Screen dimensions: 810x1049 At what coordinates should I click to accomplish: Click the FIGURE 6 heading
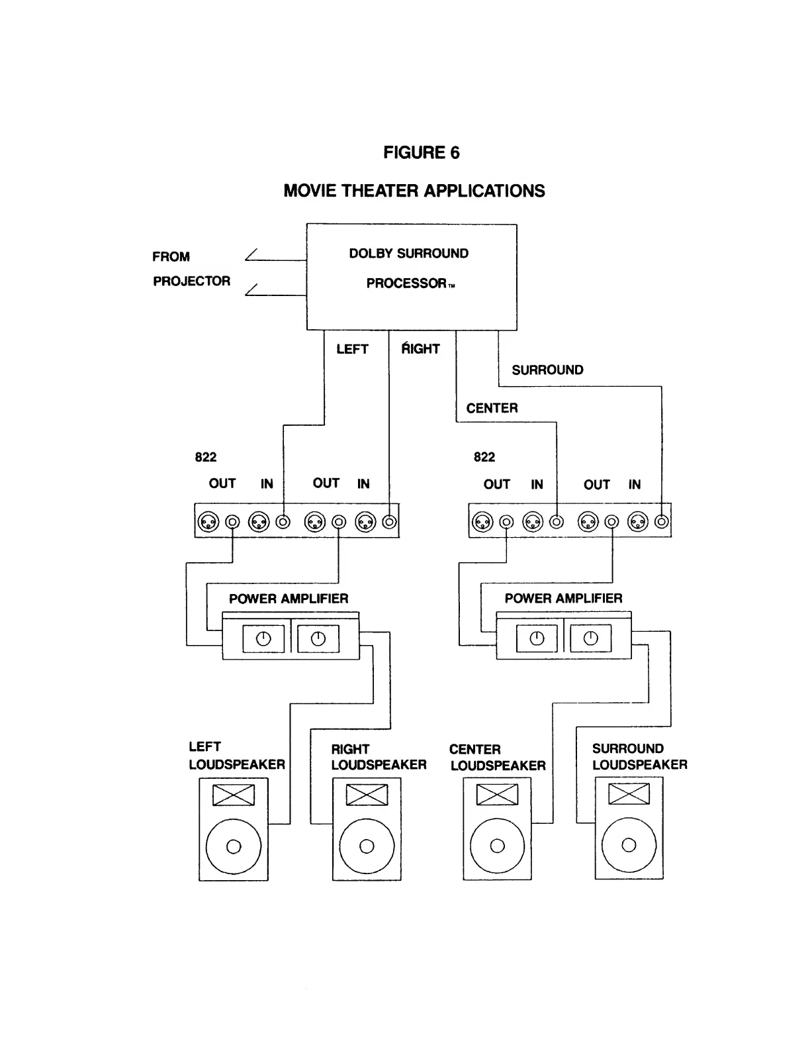point(421,152)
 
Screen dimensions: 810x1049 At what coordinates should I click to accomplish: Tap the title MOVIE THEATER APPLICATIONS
point(414,191)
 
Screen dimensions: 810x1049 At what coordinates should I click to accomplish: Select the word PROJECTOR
point(191,281)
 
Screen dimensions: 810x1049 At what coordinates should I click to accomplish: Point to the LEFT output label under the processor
point(352,349)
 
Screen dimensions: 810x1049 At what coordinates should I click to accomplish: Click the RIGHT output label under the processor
point(420,348)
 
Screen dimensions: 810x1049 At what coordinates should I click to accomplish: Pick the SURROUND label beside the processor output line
point(547,370)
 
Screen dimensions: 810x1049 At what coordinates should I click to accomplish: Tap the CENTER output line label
point(492,408)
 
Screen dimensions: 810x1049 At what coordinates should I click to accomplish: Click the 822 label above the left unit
point(206,457)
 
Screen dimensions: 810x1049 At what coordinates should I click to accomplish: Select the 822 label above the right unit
point(484,457)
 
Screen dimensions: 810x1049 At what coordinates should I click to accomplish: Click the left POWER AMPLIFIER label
point(289,599)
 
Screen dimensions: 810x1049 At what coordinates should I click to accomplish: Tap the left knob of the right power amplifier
point(537,638)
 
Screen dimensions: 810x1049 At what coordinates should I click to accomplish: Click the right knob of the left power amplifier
point(318,638)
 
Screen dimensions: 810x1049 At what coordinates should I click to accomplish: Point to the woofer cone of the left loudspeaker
point(234,846)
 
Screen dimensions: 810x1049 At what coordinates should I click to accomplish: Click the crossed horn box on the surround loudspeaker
point(629,794)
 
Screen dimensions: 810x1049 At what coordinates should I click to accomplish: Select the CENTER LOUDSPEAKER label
point(498,758)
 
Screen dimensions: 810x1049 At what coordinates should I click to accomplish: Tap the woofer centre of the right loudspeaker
point(367,846)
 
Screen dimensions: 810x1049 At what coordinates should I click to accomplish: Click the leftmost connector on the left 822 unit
point(208,522)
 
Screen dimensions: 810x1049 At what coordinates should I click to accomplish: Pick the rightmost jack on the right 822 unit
point(662,521)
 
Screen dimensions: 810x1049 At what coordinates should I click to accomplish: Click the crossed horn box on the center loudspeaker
point(498,795)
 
